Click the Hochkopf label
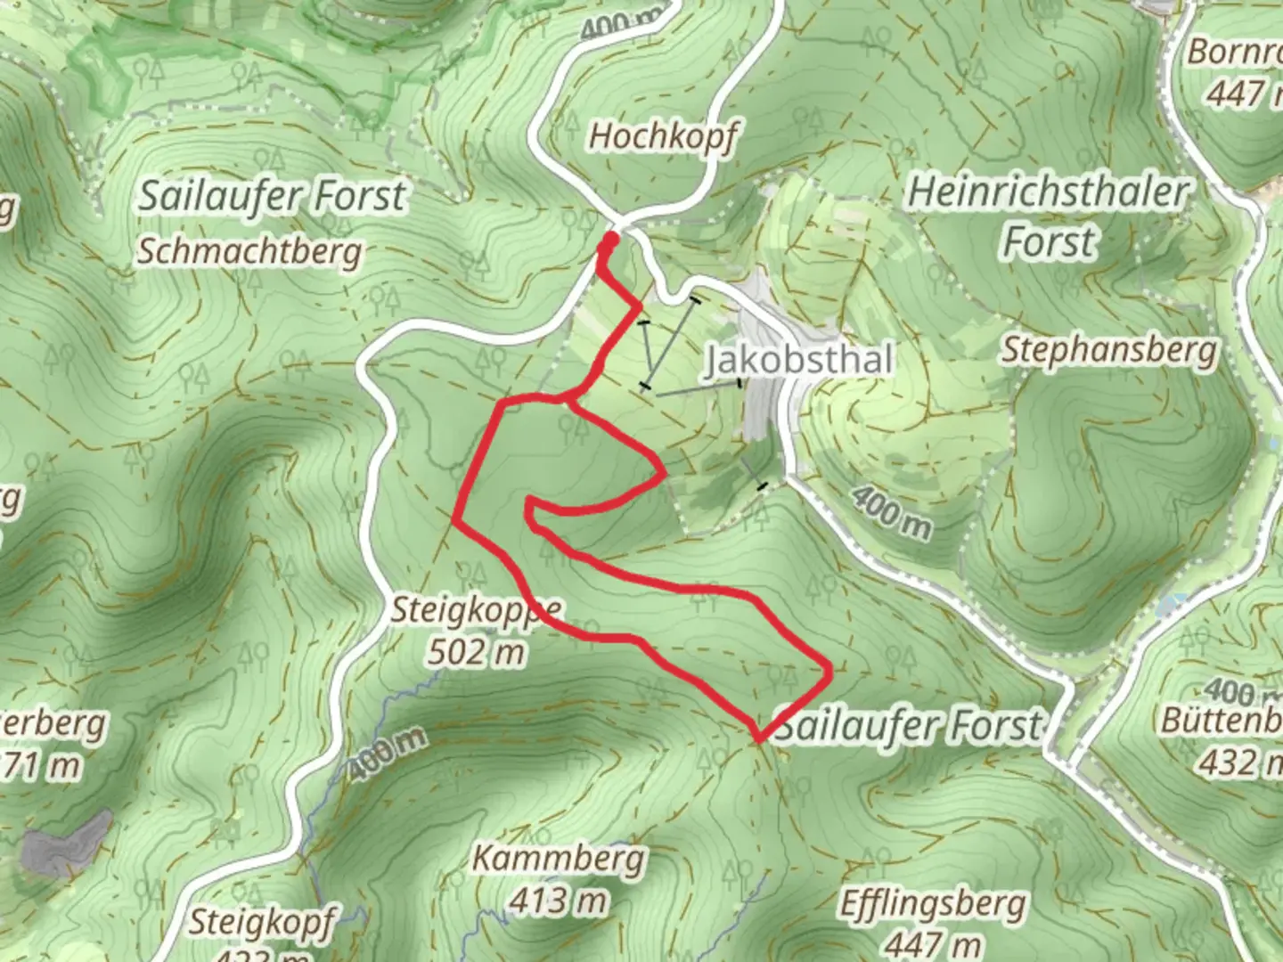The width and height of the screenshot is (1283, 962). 663,136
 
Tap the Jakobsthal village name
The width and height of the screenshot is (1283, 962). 798,360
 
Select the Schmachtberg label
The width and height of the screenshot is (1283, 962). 249,252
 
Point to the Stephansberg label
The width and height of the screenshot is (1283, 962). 1109,350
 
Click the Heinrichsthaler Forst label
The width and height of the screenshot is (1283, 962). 1049,216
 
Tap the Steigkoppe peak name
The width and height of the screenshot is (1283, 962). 477,611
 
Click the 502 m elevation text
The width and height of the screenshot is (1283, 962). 477,653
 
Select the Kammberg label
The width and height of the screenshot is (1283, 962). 559,860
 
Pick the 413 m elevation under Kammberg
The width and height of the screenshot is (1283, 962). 559,901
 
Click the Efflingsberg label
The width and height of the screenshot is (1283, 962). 933,905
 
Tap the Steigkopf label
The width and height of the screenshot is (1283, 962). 260,922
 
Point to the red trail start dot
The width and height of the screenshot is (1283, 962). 610,240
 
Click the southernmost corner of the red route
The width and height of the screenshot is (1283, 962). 758,738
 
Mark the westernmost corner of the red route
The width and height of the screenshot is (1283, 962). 457,518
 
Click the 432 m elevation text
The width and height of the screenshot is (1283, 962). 1240,762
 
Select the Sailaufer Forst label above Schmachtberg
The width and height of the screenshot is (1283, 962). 272,196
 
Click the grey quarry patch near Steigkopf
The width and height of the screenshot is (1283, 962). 67,842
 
